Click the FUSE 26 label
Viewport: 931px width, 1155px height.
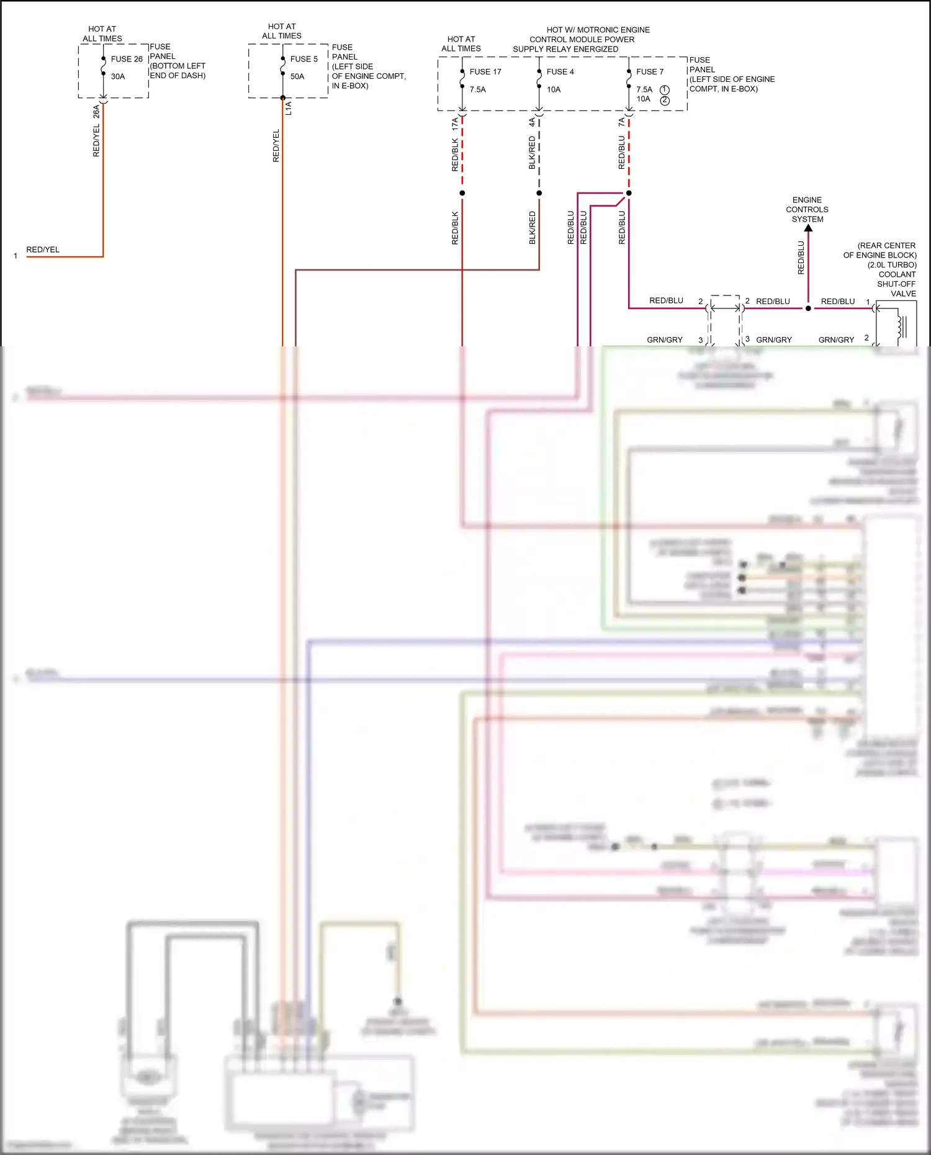point(127,59)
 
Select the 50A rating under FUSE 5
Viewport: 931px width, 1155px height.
point(297,76)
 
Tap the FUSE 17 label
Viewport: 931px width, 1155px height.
point(485,72)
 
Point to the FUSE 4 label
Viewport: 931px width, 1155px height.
point(560,72)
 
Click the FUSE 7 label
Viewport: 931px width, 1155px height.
point(649,72)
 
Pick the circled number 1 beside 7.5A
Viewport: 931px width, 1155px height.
point(665,90)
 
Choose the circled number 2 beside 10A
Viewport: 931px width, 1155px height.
point(665,101)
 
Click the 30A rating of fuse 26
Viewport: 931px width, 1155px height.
point(118,76)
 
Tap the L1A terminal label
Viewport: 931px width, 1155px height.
point(289,109)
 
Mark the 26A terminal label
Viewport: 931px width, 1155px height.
point(96,112)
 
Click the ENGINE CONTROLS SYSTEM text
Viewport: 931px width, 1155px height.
point(807,210)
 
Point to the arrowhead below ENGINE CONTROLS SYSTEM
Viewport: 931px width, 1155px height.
point(808,228)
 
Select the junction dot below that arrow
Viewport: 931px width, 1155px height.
point(808,308)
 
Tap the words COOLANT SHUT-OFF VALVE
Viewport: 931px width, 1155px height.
point(897,284)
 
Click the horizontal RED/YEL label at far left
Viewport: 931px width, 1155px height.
point(43,249)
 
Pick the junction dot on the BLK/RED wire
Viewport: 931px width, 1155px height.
point(539,193)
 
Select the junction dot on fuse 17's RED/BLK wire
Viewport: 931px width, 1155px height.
point(462,193)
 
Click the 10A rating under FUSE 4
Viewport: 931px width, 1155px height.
point(554,89)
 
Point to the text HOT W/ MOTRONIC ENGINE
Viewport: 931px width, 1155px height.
point(598,30)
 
